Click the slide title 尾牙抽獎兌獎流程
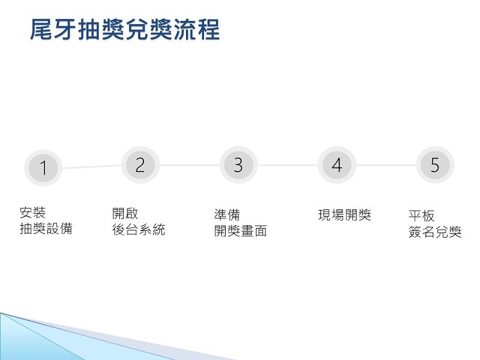click(x=125, y=29)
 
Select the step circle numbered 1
click(x=43, y=168)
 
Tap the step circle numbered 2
click(x=140, y=165)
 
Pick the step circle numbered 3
click(x=239, y=165)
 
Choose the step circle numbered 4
click(x=337, y=165)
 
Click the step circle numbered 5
click(x=435, y=165)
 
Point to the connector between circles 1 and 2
click(x=92, y=167)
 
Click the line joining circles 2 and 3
click(x=190, y=166)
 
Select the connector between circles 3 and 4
click(x=288, y=166)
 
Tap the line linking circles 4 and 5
click(x=386, y=166)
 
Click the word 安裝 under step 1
click(x=32, y=212)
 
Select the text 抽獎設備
click(x=46, y=229)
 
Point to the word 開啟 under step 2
click(x=125, y=214)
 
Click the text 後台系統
click(x=139, y=230)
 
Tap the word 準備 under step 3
click(x=227, y=215)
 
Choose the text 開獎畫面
click(x=241, y=231)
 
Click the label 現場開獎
click(x=344, y=215)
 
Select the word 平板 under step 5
click(x=422, y=216)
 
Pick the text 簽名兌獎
click(x=435, y=232)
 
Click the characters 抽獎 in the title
click(x=101, y=29)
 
